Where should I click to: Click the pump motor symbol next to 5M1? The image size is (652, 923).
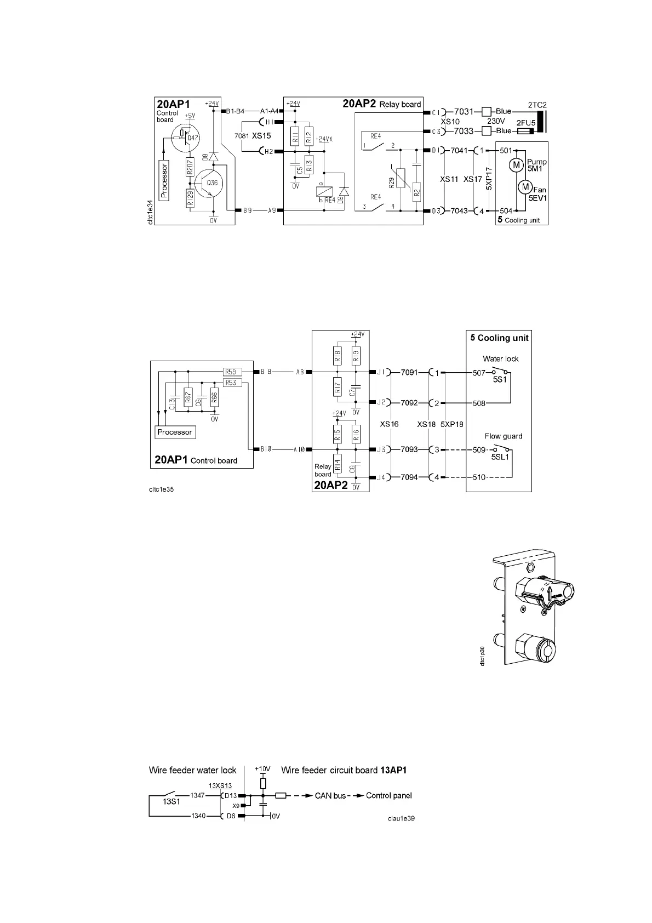click(516, 164)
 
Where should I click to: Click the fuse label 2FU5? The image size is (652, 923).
click(525, 123)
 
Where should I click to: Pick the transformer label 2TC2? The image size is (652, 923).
click(537, 105)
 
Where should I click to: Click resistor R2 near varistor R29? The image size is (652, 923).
click(417, 192)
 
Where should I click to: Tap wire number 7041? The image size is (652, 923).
click(459, 150)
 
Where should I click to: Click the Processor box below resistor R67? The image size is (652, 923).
click(175, 432)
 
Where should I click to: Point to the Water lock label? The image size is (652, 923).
click(500, 359)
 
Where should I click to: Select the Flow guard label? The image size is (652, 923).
click(503, 436)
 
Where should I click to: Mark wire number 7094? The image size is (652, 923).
click(409, 477)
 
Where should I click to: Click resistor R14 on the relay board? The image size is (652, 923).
click(338, 465)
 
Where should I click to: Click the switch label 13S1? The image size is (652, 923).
click(171, 801)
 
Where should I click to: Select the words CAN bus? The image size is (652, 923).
click(330, 795)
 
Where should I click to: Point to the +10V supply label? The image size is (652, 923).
click(262, 769)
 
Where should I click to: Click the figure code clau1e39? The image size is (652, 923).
click(403, 818)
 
